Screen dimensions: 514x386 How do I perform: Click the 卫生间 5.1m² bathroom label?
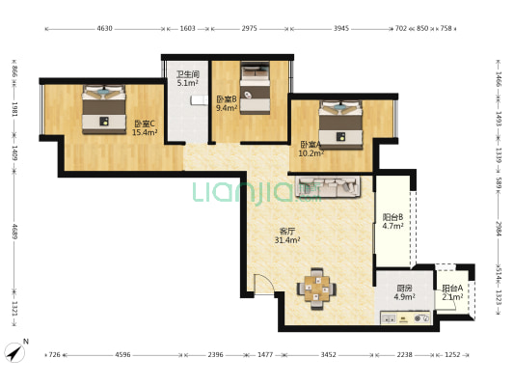point(188,78)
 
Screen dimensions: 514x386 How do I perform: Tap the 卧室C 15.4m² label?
point(145,128)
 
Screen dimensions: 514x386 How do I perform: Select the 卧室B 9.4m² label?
point(227,103)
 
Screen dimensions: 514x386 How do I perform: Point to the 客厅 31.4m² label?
point(287,235)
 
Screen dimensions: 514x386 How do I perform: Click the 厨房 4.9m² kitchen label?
point(404,292)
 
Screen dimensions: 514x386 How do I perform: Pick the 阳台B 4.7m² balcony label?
point(392,221)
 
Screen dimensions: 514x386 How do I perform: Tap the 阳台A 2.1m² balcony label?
point(452,292)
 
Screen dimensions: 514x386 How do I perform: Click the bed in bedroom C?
point(103,109)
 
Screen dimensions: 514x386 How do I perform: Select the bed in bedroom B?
point(255,88)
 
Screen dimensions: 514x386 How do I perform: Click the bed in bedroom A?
point(341,124)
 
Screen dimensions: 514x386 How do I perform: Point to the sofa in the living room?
point(328,186)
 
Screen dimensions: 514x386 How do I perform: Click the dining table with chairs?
point(316,289)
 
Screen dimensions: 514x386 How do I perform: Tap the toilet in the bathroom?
point(199,100)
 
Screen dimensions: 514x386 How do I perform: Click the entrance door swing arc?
point(267,281)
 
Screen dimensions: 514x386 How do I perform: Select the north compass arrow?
point(14,353)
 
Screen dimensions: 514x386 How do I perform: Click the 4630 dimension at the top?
point(104,29)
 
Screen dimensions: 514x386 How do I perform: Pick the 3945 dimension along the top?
point(341,29)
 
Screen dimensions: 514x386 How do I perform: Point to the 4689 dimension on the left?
point(14,232)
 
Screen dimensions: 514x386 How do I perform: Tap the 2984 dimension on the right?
point(499,229)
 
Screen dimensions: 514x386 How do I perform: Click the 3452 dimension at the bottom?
point(329,355)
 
